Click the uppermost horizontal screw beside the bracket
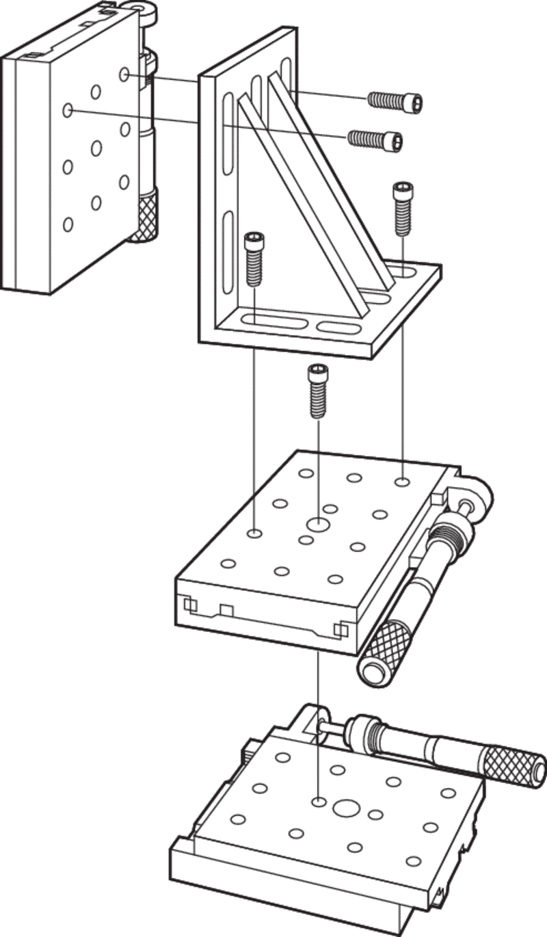395,101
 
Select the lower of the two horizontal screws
375,140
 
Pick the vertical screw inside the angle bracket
254,259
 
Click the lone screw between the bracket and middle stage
317,391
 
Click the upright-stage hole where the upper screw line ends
124,74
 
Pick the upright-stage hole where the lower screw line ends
68,109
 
